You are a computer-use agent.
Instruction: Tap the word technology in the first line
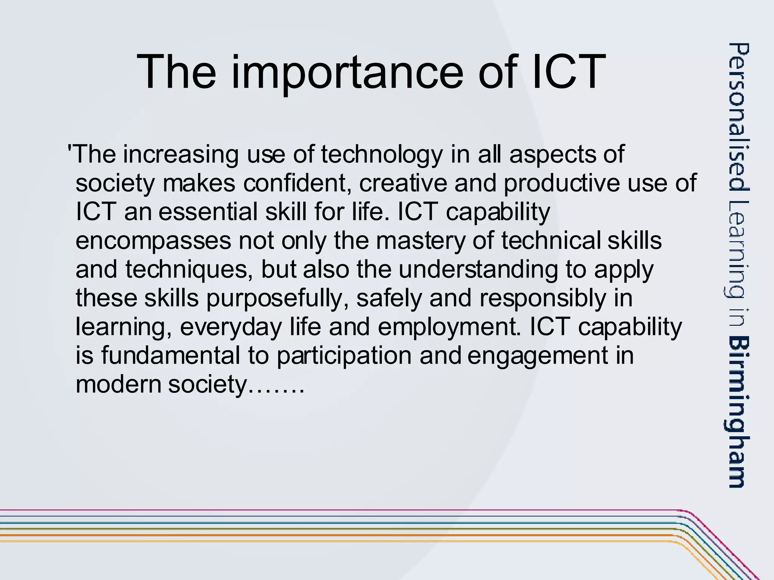(382, 154)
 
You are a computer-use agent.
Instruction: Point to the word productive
(562, 183)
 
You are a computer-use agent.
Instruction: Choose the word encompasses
(153, 241)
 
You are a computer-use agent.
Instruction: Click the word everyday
(231, 327)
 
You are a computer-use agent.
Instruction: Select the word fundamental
(170, 356)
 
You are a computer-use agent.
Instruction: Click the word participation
(344, 356)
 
